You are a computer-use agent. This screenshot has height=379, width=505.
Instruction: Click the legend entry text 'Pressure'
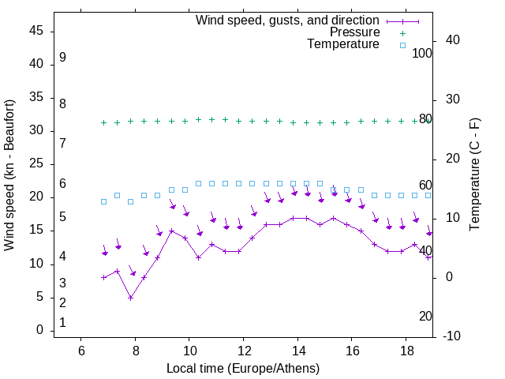[354, 32]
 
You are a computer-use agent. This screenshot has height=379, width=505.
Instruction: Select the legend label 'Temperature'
[343, 45]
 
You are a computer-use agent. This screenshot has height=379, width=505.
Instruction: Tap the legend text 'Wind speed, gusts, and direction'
[287, 20]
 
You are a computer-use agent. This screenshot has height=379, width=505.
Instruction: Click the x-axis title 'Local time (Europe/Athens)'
[243, 369]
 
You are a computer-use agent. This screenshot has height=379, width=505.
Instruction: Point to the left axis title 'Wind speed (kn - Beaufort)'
[9, 175]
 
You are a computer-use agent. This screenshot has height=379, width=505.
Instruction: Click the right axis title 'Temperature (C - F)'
[474, 175]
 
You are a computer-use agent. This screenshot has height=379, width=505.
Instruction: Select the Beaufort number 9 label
[62, 58]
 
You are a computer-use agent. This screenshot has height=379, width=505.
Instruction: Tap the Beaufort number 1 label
[62, 323]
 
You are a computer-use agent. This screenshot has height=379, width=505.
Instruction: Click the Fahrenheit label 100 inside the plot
[423, 54]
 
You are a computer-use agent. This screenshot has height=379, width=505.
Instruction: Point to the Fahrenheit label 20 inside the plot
[425, 317]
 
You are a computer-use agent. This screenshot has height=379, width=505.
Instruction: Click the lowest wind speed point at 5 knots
[131, 298]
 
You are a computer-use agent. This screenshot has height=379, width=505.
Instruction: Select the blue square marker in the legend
[402, 45]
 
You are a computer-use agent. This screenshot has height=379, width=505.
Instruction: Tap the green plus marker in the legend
[402, 32]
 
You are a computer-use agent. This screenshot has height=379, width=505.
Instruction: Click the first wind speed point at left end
[103, 277]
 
